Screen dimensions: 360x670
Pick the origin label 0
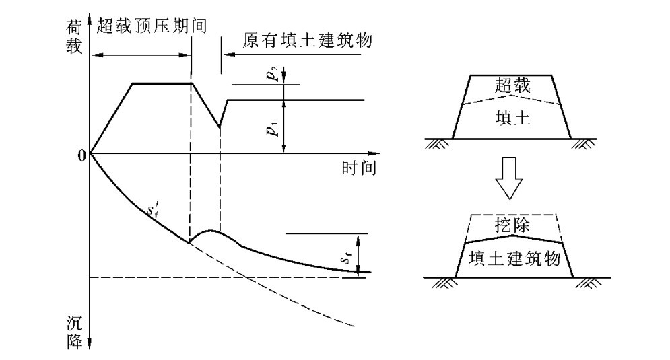coord(82,155)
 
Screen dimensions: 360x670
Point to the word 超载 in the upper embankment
coord(512,85)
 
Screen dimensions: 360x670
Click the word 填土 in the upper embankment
coord(512,119)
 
